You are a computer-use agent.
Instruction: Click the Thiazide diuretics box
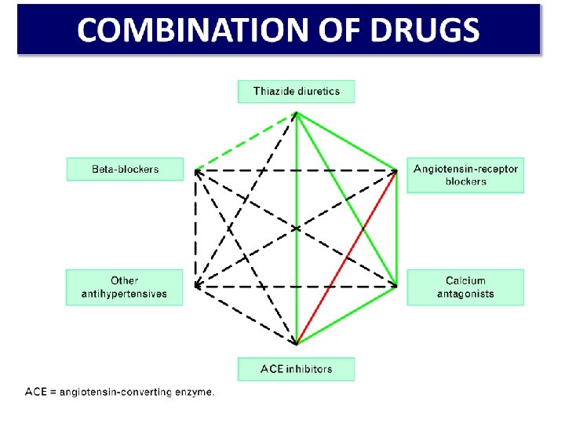(x=296, y=91)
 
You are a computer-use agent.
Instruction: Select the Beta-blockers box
(x=125, y=169)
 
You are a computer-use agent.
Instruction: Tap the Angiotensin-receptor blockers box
(x=465, y=175)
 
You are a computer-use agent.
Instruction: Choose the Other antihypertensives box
(x=124, y=287)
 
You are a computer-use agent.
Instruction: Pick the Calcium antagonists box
(x=465, y=287)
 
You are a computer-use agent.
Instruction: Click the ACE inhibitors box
(x=296, y=369)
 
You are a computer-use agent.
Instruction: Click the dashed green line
(x=245, y=141)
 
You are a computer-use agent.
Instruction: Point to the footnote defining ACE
(x=119, y=391)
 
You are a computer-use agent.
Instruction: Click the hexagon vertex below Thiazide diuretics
(x=296, y=112)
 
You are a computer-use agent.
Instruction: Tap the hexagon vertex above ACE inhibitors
(x=296, y=343)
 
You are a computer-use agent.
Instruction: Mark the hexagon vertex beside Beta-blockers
(x=195, y=170)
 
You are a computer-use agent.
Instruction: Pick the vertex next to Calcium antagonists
(x=397, y=284)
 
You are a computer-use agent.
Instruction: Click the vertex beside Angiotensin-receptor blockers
(x=397, y=170)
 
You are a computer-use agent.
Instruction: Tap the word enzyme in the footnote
(x=193, y=391)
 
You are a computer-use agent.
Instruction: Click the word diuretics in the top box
(x=315, y=91)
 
